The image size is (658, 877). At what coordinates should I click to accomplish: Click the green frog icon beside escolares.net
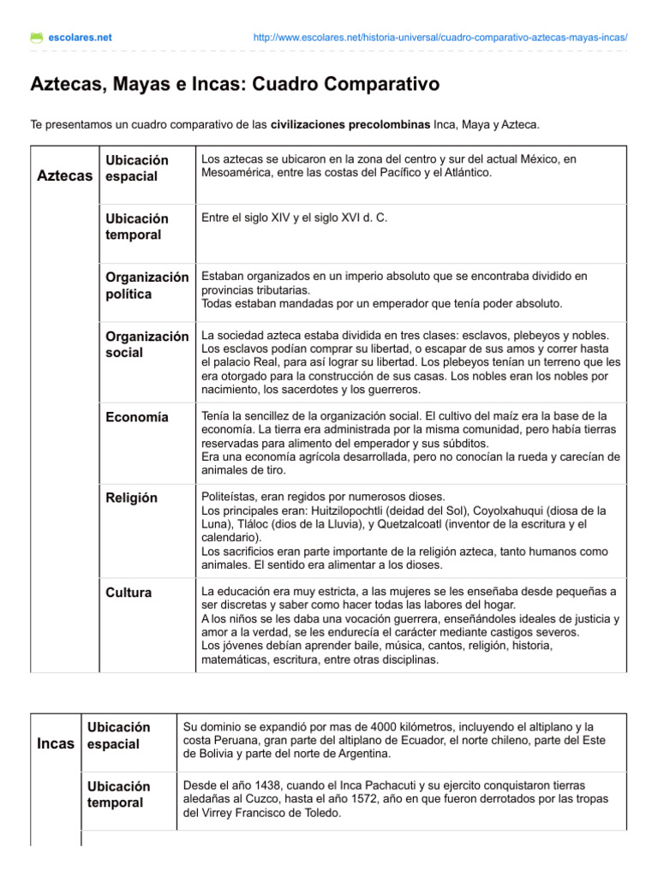click(36, 38)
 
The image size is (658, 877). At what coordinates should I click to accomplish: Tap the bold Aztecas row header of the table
click(66, 176)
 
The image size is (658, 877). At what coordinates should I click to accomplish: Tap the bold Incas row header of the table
click(56, 743)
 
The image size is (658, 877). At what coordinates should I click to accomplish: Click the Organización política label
click(147, 285)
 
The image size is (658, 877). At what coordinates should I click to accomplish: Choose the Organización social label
click(147, 344)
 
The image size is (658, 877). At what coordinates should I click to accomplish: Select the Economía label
click(137, 417)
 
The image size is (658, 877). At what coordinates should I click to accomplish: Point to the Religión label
click(132, 497)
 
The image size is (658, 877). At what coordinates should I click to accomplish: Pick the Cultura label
click(129, 592)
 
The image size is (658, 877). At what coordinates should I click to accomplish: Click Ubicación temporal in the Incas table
click(119, 794)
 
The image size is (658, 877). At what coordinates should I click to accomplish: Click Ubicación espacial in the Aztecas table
click(137, 168)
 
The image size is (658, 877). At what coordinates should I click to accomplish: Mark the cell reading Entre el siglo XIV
click(294, 218)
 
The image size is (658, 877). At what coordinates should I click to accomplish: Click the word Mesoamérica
click(239, 173)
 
